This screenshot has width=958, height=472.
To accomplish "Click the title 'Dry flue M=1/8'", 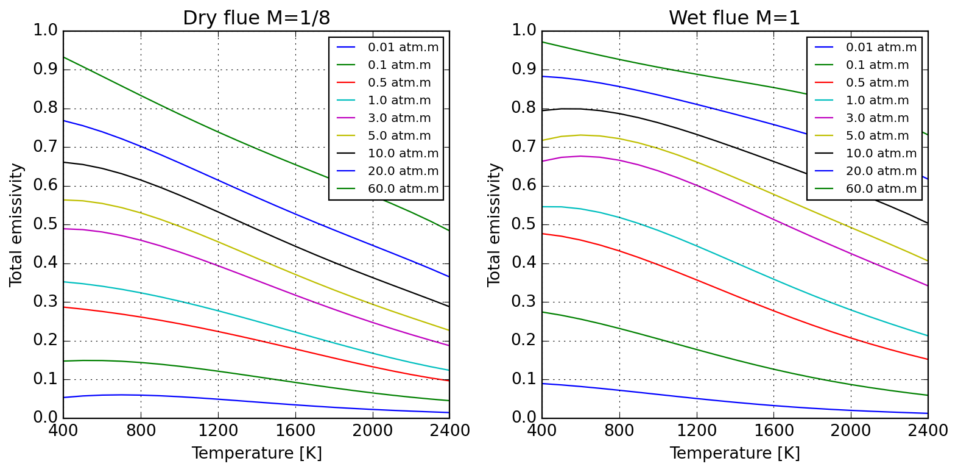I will coord(256,18).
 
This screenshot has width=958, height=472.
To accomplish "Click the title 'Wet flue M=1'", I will coord(734,18).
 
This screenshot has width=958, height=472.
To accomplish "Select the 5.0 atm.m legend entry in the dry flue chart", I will coord(399,136).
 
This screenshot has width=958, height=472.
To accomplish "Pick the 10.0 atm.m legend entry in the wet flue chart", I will coord(881,154).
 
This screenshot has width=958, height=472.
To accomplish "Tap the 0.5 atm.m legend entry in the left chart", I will coord(399,83).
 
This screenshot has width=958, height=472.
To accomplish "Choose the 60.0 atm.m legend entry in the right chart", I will coord(881,189).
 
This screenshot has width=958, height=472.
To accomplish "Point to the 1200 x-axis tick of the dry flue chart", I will coord(218,431).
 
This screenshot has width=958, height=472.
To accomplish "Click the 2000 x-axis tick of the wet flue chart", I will coord(851,431).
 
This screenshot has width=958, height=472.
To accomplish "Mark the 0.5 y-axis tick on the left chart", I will coord(45,224).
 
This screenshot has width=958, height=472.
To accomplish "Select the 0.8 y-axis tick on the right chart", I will coord(524,109).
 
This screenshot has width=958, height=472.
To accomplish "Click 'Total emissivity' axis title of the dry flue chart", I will coord(16,224).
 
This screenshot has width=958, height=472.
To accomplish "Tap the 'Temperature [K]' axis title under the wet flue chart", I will coord(734,454).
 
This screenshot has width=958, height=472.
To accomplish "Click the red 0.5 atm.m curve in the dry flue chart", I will coord(218,332).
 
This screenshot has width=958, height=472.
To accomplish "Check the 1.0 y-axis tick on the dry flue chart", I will coord(45,30).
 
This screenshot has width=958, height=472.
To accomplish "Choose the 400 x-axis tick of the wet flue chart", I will coord(541,431).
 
